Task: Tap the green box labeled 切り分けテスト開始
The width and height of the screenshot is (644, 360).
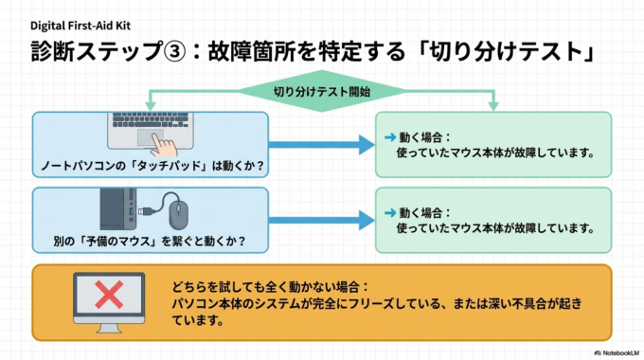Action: click(x=321, y=92)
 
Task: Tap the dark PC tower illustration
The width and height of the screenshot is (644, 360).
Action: click(x=114, y=209)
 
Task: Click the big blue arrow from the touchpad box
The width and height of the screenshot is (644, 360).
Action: click(x=322, y=146)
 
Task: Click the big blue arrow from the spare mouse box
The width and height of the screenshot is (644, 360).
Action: click(x=322, y=223)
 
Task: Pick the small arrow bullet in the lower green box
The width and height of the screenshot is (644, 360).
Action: click(x=388, y=213)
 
